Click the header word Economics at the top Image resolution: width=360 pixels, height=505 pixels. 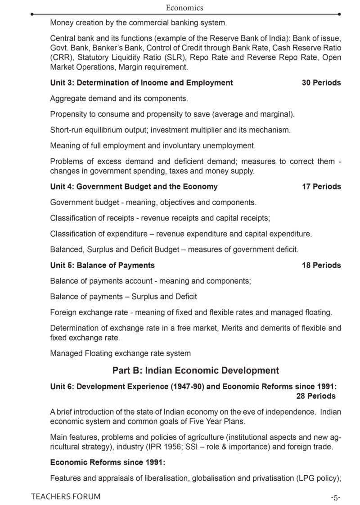tap(184, 7)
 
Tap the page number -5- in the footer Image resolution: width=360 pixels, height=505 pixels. tap(335, 497)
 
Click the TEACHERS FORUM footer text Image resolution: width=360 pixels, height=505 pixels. tap(66, 496)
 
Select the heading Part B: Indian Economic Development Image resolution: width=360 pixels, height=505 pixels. tap(196, 370)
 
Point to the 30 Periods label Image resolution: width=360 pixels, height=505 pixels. tap(321, 82)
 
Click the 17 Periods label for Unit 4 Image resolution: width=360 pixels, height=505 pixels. tap(321, 186)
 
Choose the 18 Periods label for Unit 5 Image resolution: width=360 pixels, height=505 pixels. tap(321, 265)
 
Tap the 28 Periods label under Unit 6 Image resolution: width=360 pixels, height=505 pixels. tap(315, 396)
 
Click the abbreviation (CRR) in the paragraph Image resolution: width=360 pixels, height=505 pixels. tap(60, 57)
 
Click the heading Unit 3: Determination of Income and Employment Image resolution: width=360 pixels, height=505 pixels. tap(141, 82)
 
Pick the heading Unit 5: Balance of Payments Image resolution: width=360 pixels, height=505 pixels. tap(102, 265)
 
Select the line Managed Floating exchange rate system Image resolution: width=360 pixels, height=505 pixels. tap(120, 353)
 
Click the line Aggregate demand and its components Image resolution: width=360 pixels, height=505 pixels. tap(119, 98)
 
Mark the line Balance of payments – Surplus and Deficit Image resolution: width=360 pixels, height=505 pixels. tap(123, 297)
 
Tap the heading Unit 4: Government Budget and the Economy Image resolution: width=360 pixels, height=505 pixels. tap(134, 186)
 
